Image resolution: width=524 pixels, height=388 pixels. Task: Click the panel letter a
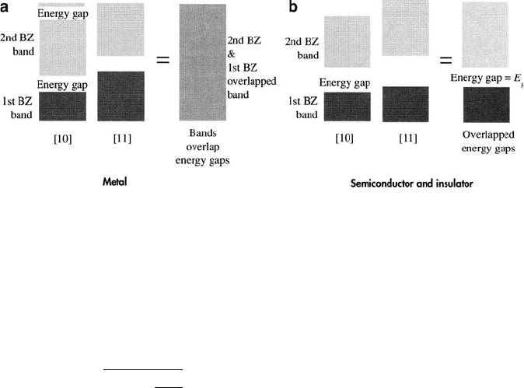(7, 7)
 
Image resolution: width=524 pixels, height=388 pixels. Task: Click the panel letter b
(271, 7)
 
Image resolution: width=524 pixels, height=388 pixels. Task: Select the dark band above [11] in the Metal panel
(121, 96)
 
